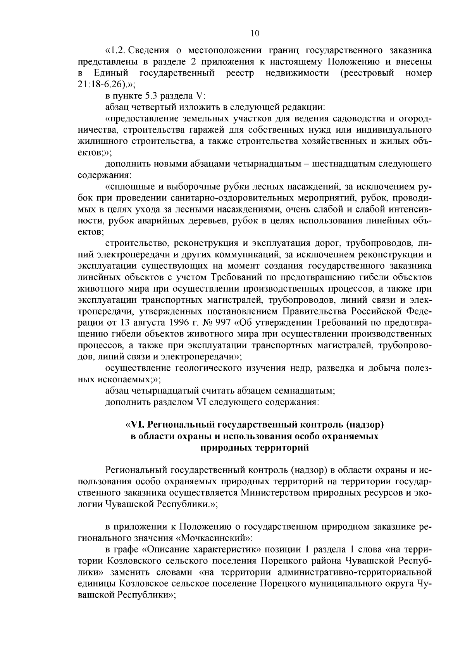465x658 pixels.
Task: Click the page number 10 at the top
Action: [255, 33]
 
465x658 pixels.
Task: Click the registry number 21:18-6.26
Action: [102, 84]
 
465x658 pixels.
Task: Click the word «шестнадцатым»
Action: [362, 164]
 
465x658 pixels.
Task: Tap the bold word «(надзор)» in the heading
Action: [363, 425]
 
